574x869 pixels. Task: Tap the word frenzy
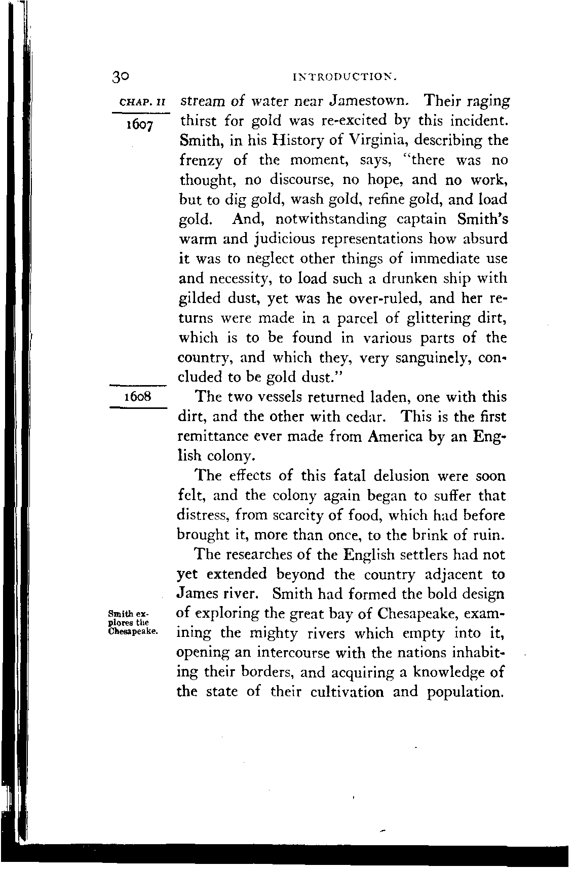(201, 160)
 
